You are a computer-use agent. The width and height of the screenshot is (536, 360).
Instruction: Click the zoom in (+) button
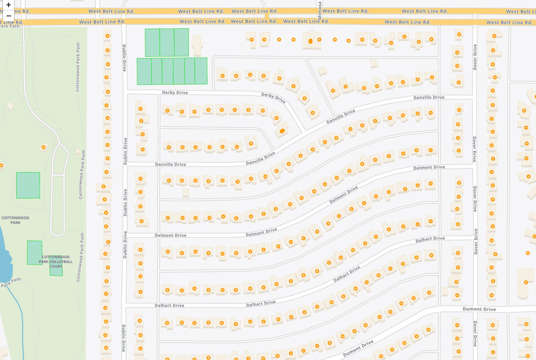pos(8,5)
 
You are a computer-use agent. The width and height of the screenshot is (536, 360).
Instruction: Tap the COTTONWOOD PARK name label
pos(15,220)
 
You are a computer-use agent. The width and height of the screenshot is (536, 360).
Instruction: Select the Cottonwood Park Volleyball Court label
pos(56,262)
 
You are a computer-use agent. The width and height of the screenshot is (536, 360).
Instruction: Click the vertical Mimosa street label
pos(320,8)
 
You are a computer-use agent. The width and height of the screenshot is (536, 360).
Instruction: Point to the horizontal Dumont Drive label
pos(479,309)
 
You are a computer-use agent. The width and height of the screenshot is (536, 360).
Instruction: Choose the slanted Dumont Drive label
pos(358,349)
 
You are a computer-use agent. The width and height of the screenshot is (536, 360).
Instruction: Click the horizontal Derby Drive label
pos(175,93)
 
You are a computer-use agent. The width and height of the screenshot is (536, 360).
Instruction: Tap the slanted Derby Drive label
pos(273,98)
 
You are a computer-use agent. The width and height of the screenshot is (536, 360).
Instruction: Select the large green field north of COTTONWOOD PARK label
pos(28,185)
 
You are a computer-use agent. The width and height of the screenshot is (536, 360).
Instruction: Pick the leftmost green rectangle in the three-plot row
pos(152,42)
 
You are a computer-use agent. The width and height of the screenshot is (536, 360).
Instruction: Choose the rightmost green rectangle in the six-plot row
pos(201,71)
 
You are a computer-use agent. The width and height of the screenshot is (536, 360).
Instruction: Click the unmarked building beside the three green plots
pos(196,43)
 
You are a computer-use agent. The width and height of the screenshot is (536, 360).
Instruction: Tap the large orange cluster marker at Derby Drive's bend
pos(282,131)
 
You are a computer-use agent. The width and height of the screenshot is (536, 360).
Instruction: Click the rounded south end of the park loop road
pos(57,233)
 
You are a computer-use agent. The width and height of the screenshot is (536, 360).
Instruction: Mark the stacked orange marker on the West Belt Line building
pos(310,41)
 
